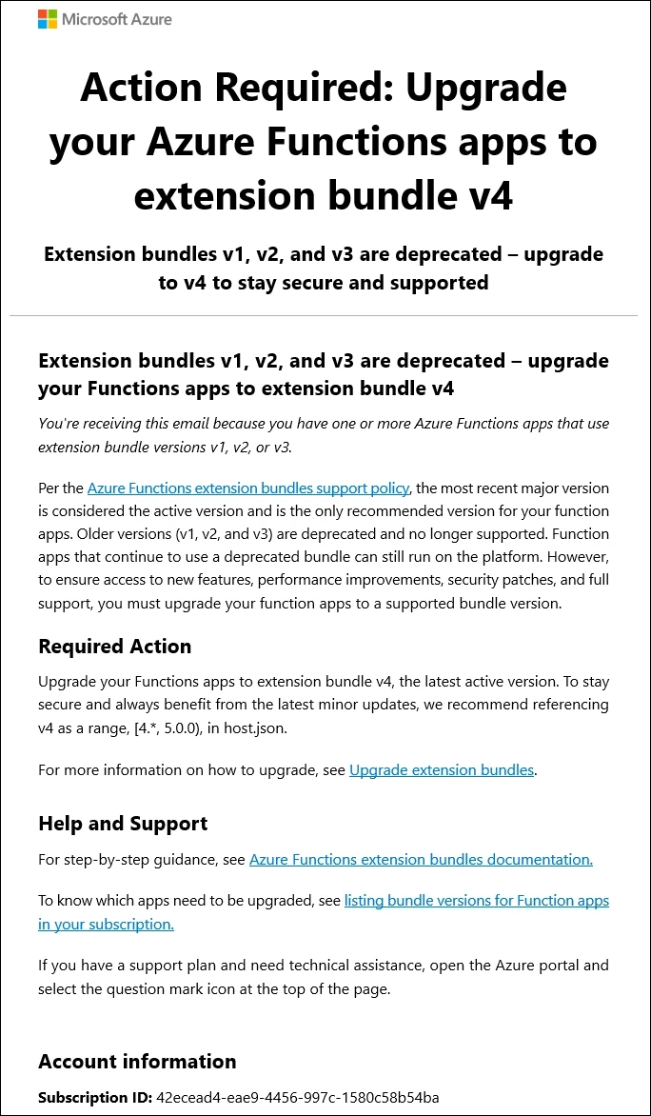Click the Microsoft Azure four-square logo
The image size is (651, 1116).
(x=48, y=19)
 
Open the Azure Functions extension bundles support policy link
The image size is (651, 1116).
(x=247, y=488)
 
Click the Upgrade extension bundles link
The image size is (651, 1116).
(x=442, y=769)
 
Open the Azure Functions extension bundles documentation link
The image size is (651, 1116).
(x=421, y=859)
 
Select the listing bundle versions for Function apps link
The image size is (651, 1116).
(x=476, y=900)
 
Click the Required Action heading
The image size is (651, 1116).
(x=114, y=647)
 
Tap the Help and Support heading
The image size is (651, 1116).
(x=123, y=824)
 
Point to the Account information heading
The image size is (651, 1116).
(x=137, y=1062)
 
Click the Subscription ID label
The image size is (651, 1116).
(x=94, y=1098)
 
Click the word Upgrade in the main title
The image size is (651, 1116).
(x=487, y=88)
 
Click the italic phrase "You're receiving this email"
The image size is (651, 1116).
(x=130, y=424)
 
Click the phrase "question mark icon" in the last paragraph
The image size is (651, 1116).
(x=240, y=988)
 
